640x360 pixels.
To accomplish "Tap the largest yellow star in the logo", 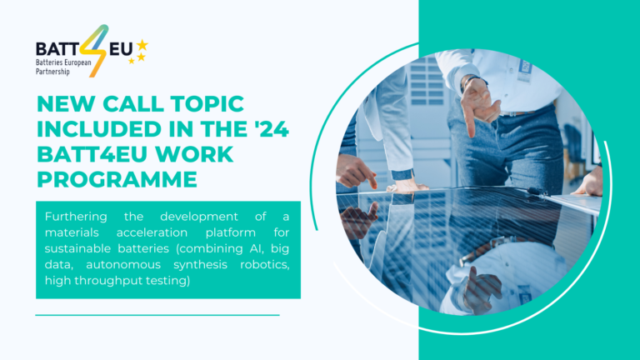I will pos(142,44).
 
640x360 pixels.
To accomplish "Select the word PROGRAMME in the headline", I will pos(117,179).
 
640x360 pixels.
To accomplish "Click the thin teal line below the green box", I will pos(157,315).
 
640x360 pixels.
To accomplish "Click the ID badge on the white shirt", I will pos(524,68).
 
